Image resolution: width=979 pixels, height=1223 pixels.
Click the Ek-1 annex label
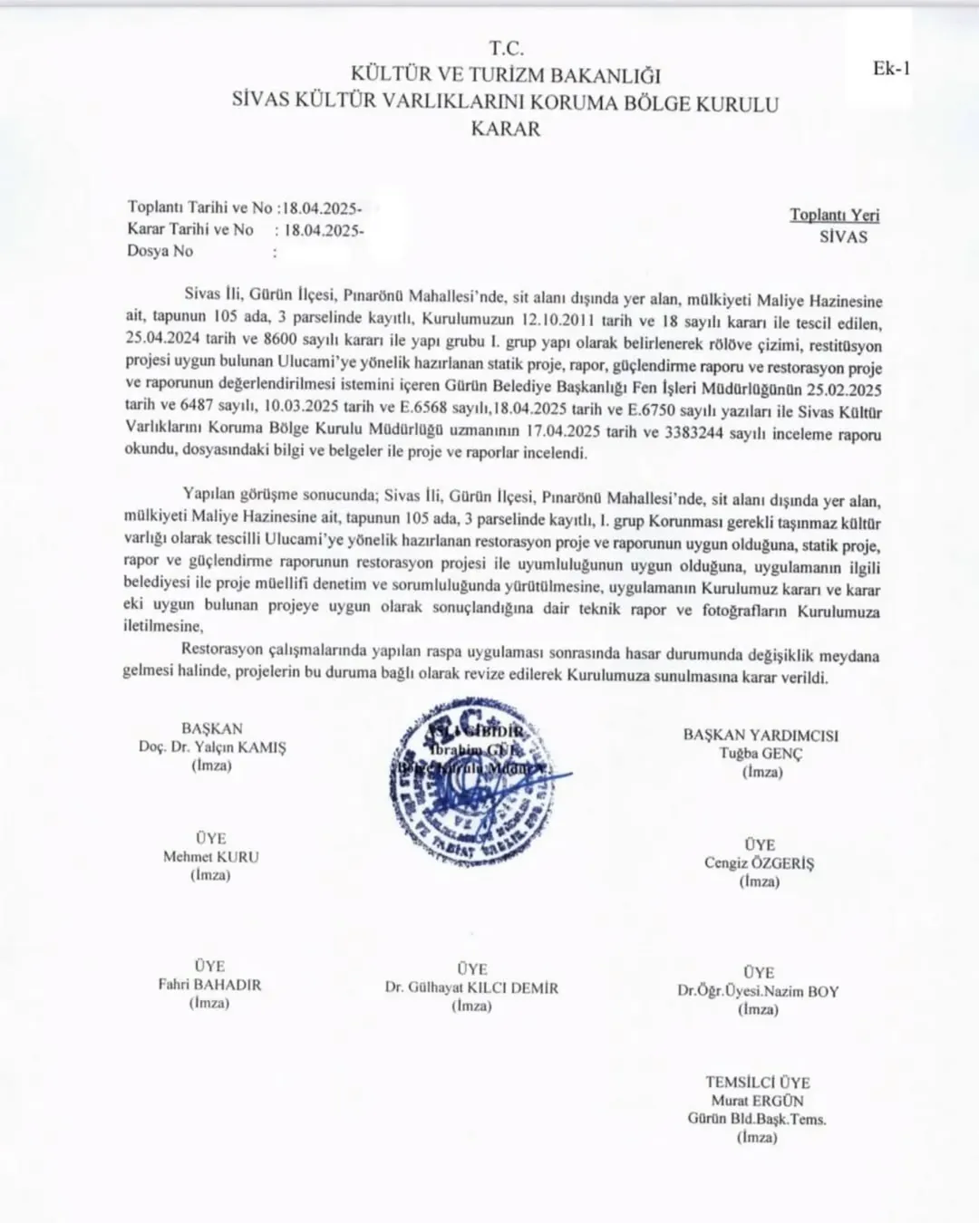point(890,69)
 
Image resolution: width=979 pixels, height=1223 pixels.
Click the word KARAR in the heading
point(505,129)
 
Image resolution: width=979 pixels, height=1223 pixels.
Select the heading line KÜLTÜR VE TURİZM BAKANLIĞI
point(506,75)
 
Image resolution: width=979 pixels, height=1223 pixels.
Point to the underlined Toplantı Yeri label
point(834,215)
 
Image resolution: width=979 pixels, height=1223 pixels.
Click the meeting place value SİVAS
point(842,236)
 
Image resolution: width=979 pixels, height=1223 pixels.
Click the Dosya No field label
point(160,251)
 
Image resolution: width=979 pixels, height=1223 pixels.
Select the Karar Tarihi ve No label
point(190,229)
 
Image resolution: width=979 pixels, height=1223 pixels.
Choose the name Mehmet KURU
point(210,856)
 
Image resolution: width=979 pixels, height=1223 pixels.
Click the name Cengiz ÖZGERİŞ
point(759,862)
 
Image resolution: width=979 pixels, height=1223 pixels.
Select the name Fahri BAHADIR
point(209,985)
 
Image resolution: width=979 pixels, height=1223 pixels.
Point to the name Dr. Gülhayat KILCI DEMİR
point(471,987)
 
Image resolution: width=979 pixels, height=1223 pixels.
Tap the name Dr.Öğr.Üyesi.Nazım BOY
point(758,991)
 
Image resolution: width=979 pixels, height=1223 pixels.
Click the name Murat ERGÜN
point(757,1101)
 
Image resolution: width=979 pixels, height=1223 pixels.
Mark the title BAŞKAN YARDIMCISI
point(761,735)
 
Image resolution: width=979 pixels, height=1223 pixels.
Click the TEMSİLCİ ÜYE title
point(758,1082)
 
